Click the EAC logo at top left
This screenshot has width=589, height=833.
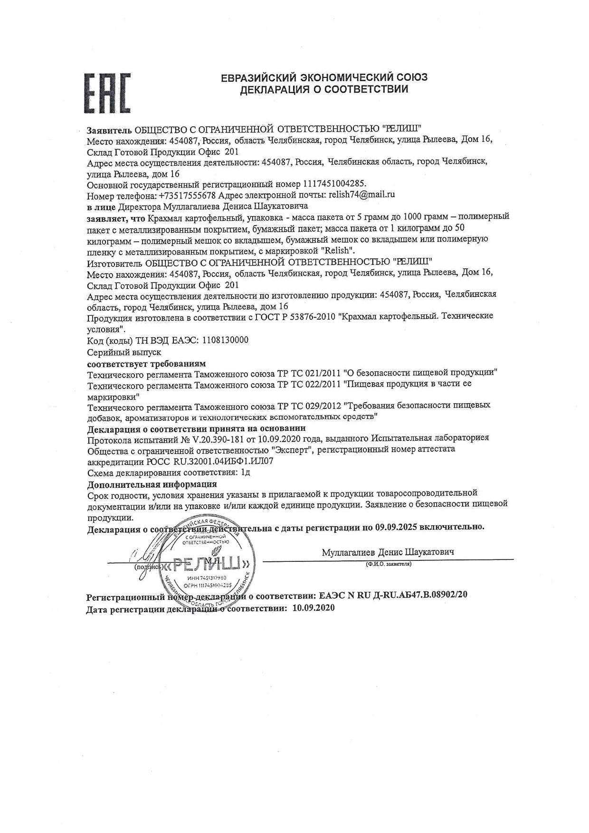107,94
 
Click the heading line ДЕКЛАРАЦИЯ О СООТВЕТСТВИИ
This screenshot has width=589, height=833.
324,90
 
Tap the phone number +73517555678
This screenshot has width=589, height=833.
188,195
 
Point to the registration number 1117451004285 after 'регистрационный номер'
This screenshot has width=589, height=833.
334,184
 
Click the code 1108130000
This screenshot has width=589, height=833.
225,341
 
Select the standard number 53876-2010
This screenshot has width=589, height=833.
309,316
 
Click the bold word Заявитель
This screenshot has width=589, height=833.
109,129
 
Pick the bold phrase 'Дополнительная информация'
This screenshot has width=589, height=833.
152,484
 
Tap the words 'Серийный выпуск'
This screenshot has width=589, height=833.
124,352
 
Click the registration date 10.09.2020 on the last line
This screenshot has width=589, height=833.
313,608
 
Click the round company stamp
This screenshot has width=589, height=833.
204,563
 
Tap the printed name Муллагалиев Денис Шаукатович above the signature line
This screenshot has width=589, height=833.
388,552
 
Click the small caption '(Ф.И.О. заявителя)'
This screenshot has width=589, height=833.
388,564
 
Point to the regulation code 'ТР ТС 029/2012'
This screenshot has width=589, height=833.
309,406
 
